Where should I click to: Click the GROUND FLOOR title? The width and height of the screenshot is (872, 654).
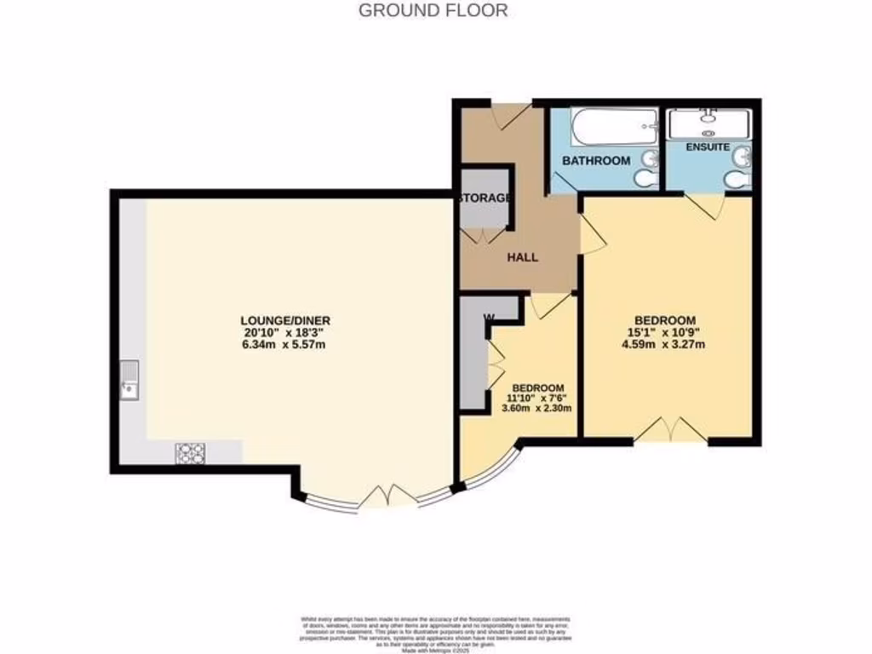click(433, 11)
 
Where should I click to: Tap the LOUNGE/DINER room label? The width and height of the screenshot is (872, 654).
click(284, 320)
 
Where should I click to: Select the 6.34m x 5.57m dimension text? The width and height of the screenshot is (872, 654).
click(284, 345)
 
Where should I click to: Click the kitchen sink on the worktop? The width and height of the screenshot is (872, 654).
click(129, 381)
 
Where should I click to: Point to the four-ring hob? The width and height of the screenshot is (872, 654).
click(189, 454)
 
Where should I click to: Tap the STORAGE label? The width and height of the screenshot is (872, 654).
click(485, 198)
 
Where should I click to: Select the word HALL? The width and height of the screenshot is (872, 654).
click(522, 257)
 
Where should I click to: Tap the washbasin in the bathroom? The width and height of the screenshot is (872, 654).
click(650, 158)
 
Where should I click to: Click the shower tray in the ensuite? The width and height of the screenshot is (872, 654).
click(708, 124)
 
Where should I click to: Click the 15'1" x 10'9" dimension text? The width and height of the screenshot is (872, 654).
click(670, 331)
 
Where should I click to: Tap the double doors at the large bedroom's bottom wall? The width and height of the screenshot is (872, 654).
click(672, 431)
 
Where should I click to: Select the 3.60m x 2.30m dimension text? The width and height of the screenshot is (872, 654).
click(536, 407)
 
